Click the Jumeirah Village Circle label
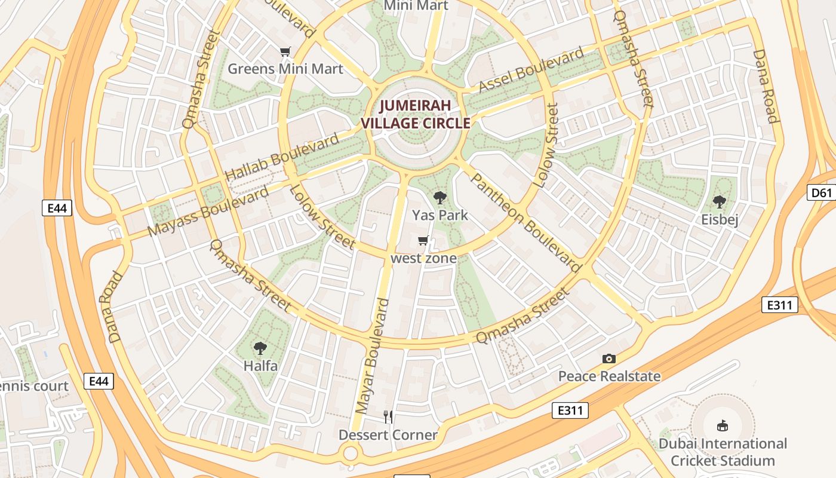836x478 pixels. tap(416, 114)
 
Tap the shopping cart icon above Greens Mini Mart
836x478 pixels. tap(285, 52)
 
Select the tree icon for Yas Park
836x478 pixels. tap(440, 197)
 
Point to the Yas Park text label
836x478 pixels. tap(440, 215)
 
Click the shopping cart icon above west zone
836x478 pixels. tap(423, 241)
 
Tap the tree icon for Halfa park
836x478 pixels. tap(260, 348)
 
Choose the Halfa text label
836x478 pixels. tap(260, 365)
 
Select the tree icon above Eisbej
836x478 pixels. tap(720, 202)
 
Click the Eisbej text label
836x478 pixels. tap(720, 219)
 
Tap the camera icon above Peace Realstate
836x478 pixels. tap(609, 358)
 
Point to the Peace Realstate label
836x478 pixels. tap(609, 376)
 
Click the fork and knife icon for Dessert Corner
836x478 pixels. tap(388, 417)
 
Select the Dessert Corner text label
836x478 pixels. tap(388, 435)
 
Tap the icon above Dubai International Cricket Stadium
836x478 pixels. tap(723, 425)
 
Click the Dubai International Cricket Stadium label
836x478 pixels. tap(723, 452)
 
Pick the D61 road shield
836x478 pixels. tap(822, 192)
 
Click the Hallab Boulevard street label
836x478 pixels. tap(282, 157)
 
